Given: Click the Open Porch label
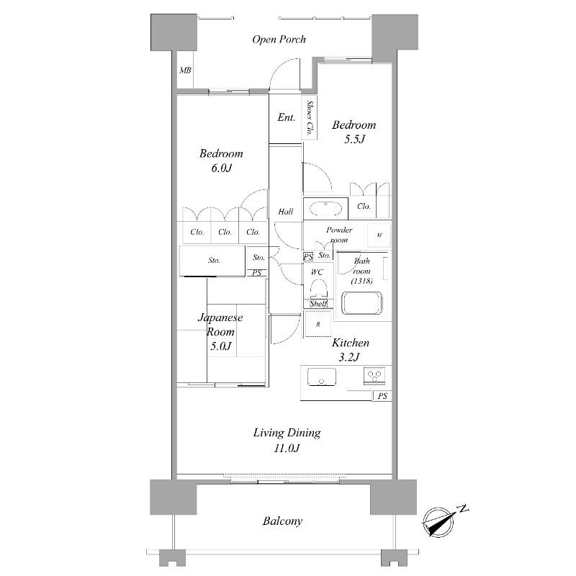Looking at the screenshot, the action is [x=279, y=40].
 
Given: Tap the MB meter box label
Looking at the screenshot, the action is [x=185, y=70].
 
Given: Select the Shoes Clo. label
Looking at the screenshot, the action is [x=310, y=117].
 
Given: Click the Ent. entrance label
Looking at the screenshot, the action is [x=286, y=117].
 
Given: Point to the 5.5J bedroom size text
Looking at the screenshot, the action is [x=354, y=139].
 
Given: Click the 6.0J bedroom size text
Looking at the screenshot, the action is [x=221, y=168].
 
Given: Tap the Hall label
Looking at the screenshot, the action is [x=285, y=212].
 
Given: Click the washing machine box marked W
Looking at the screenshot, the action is [x=379, y=235].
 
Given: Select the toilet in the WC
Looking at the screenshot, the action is [x=318, y=289].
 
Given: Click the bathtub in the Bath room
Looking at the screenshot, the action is [x=362, y=302].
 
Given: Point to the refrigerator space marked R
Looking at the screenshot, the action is [x=318, y=323].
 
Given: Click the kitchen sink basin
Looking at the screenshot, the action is [x=321, y=377].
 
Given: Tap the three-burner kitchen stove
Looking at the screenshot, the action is [x=374, y=375].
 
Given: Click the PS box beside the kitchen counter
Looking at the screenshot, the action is [x=382, y=395].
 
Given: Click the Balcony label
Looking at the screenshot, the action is [x=282, y=521].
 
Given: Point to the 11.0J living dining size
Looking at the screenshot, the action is [x=287, y=448].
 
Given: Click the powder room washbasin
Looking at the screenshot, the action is [x=325, y=208].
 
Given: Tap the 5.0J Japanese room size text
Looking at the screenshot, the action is [x=220, y=346].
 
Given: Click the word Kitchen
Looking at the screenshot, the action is [x=351, y=343].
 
